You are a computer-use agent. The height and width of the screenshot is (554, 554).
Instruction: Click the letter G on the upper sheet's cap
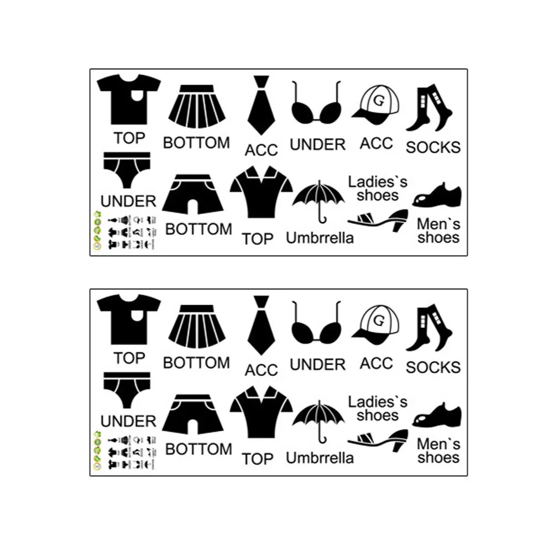[378, 101]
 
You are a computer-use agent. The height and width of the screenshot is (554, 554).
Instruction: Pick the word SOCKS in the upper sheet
[433, 147]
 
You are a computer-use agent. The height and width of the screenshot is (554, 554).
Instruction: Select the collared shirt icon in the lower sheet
[261, 414]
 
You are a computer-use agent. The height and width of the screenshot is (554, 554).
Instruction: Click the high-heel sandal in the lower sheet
[378, 441]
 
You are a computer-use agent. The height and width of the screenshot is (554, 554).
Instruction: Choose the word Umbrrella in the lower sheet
[320, 458]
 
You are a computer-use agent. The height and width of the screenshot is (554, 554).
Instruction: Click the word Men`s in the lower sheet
[438, 444]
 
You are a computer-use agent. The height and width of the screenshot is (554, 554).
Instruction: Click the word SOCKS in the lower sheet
[433, 367]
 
